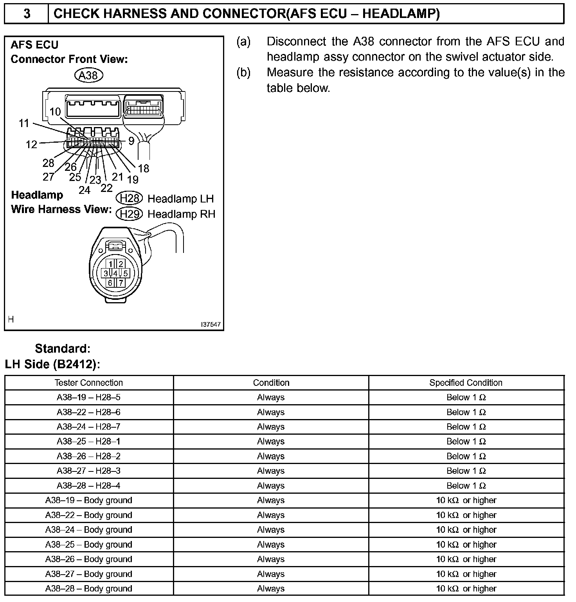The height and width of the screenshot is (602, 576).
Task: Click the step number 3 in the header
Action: click(x=27, y=14)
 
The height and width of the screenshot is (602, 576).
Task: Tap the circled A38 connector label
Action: click(x=88, y=75)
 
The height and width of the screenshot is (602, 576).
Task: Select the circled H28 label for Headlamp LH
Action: click(x=129, y=199)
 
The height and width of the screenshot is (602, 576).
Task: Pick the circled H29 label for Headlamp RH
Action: click(x=129, y=214)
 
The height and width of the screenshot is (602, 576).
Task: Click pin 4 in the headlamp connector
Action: click(x=116, y=273)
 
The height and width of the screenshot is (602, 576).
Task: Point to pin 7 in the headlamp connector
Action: click(x=121, y=283)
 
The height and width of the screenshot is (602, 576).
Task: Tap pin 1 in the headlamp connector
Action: click(x=111, y=264)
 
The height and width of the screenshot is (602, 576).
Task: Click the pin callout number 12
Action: click(x=31, y=145)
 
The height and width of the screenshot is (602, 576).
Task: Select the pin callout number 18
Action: click(x=144, y=168)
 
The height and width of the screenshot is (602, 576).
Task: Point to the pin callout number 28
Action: click(x=48, y=163)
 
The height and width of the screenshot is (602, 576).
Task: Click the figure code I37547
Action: click(x=211, y=324)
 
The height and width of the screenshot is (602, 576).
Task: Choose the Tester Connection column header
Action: click(x=89, y=383)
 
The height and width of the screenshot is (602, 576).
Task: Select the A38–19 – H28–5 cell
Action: click(x=89, y=398)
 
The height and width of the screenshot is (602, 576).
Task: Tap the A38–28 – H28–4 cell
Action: click(x=89, y=486)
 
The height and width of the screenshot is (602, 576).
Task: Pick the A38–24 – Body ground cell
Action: click(x=89, y=530)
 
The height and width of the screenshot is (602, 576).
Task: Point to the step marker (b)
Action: click(x=243, y=73)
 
